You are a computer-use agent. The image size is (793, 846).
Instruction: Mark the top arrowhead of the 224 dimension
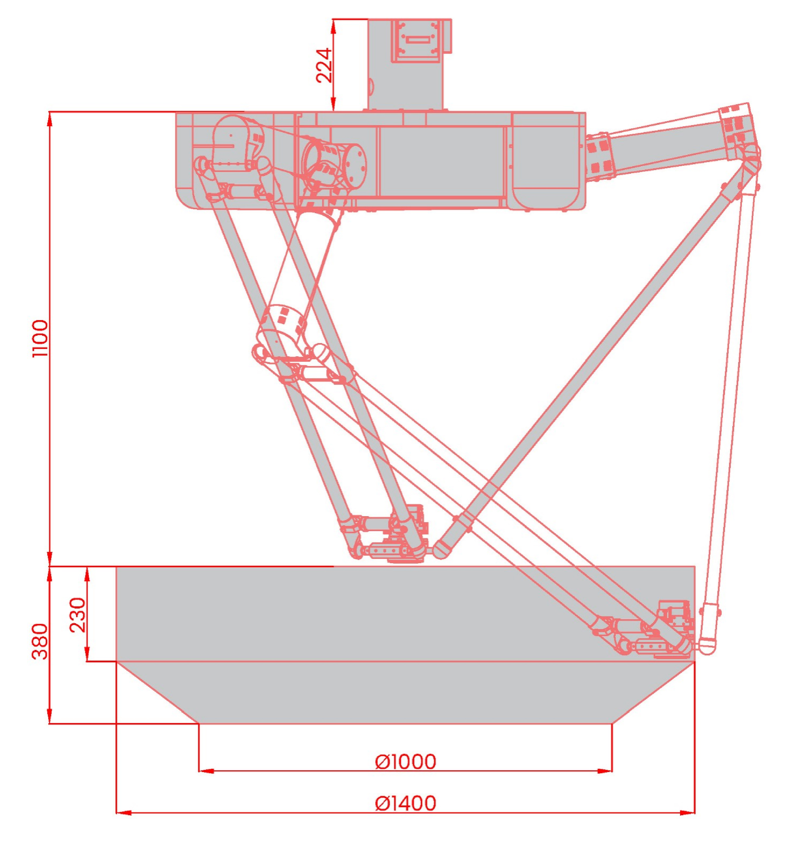[333, 26]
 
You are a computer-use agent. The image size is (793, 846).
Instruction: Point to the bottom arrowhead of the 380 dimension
[50, 716]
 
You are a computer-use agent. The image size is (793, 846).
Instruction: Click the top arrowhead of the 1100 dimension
[50, 119]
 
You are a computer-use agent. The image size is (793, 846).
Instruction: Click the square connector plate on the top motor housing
[415, 40]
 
